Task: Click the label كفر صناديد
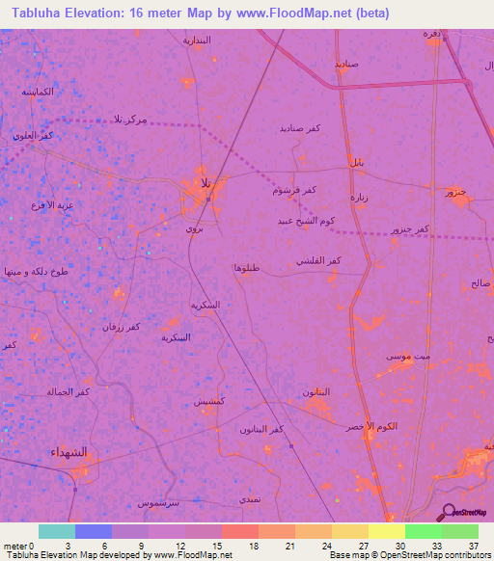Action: point(300,128)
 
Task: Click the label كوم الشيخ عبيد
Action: point(309,221)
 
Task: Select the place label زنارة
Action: point(358,198)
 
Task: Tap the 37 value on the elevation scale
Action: point(473,545)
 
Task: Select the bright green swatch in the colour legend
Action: point(423,531)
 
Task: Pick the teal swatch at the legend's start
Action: point(57,531)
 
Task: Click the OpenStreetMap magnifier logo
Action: point(449,513)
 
